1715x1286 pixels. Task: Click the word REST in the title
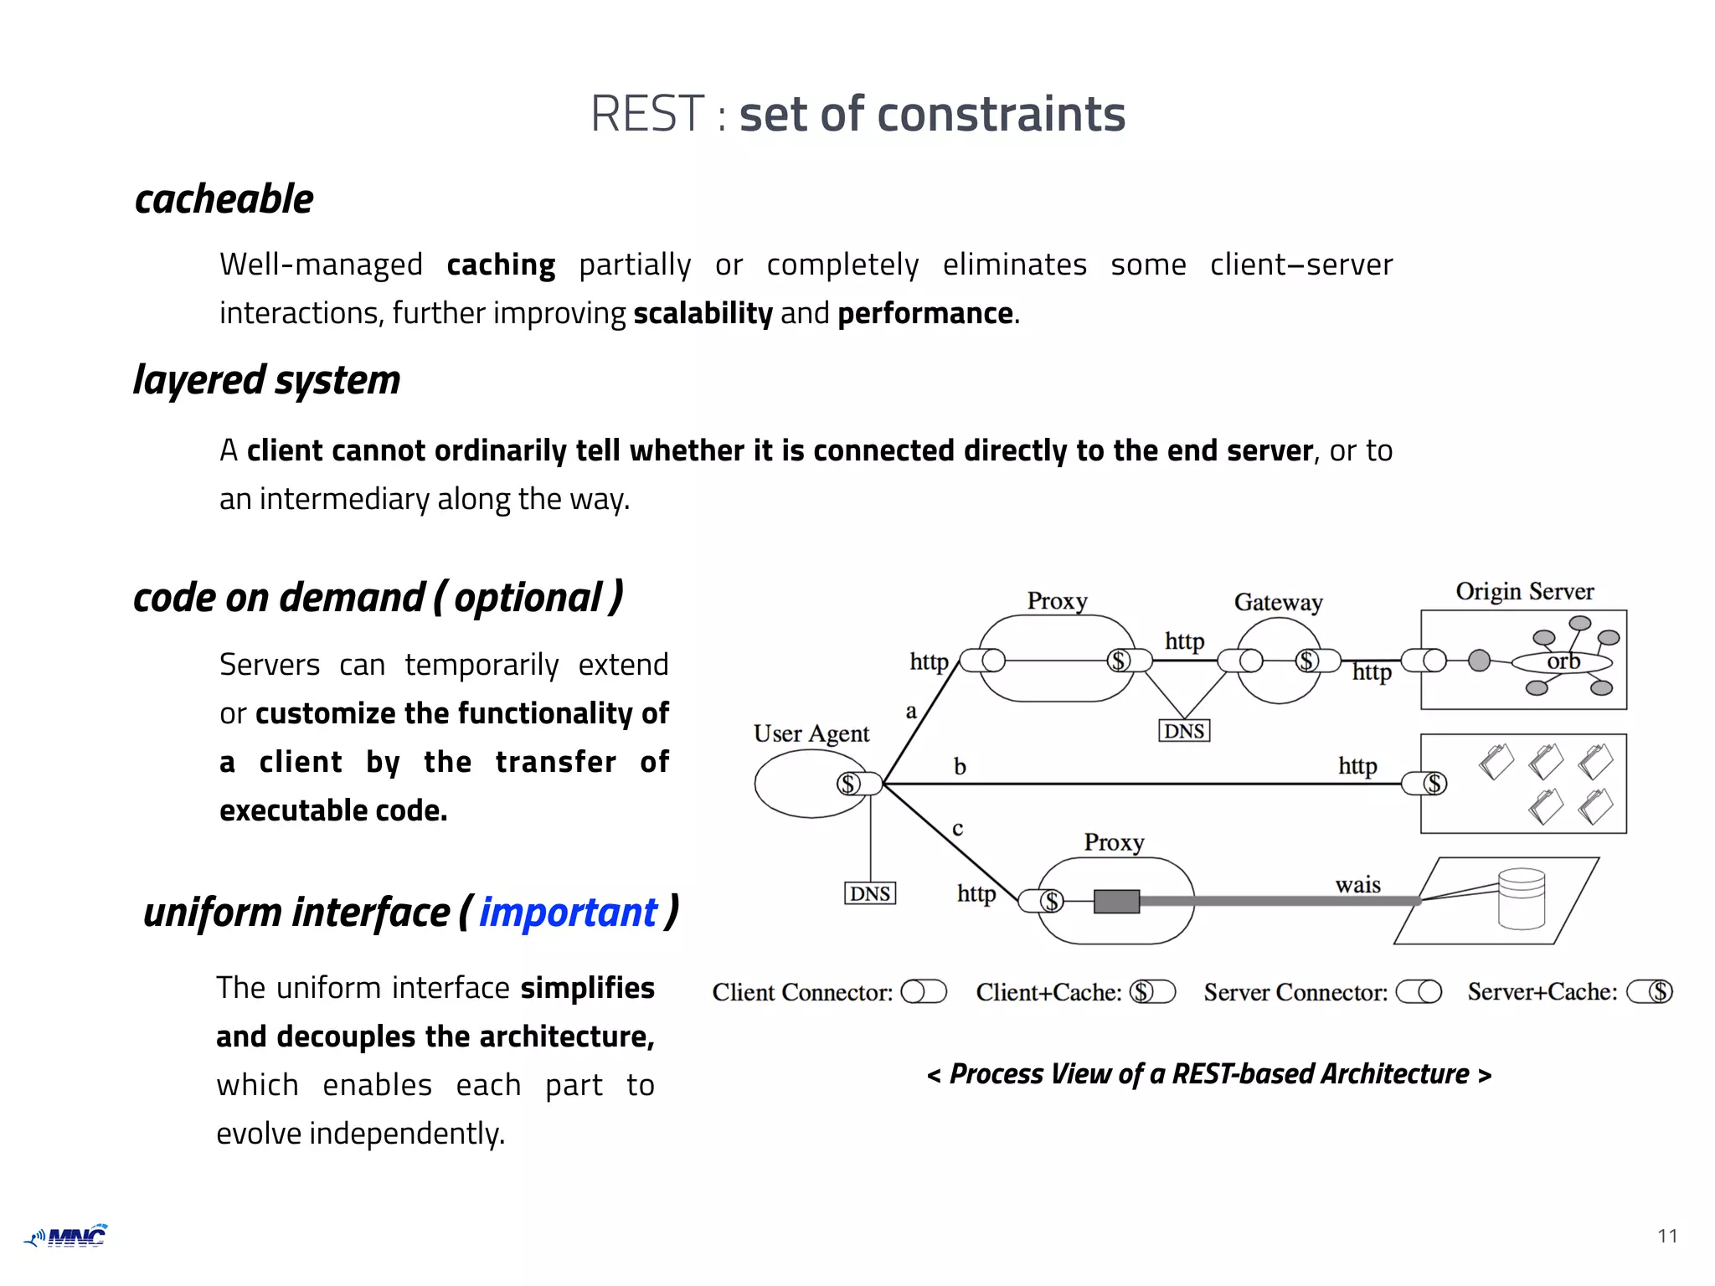[647, 114]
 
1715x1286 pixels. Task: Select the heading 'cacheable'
[224, 199]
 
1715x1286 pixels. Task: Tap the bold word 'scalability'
[703, 313]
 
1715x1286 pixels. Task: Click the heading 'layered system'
[266, 380]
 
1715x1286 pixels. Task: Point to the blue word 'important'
[568, 913]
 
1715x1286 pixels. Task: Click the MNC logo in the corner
[67, 1236]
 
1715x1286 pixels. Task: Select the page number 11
[1666, 1236]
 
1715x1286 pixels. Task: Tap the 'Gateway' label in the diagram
[1278, 602]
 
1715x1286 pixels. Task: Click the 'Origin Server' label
[1524, 591]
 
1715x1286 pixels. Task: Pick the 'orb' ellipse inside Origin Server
[1562, 662]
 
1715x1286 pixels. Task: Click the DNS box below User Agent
[869, 893]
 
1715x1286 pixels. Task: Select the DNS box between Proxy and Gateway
[1183, 731]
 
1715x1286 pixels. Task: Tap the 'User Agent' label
[811, 733]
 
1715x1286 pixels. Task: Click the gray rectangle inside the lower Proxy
[1116, 902]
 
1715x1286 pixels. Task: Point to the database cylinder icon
[1521, 898]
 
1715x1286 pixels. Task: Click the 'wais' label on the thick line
[1357, 885]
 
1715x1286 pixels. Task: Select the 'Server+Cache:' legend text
[1542, 992]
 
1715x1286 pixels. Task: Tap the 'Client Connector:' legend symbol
[923, 992]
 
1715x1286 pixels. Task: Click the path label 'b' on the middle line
[960, 766]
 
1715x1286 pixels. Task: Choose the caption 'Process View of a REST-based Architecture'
[1208, 1074]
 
